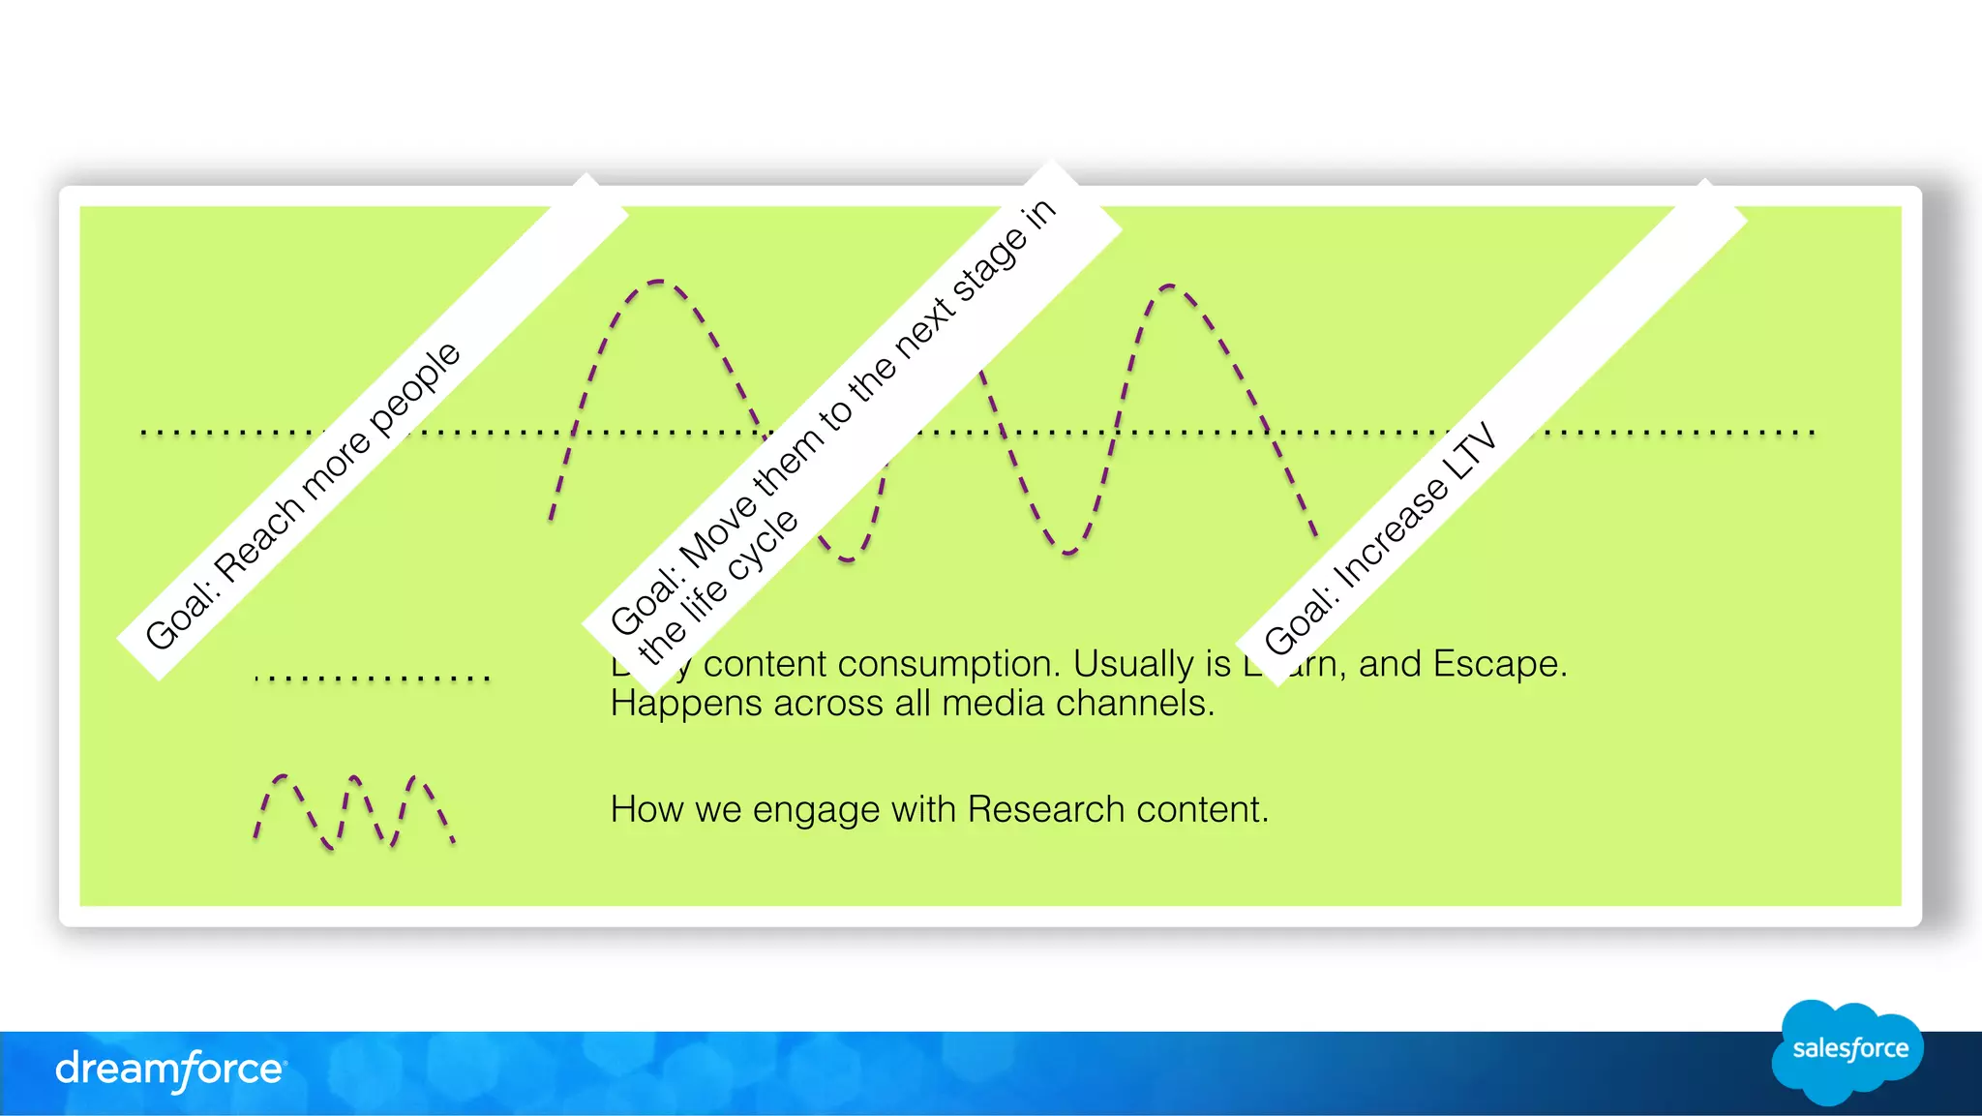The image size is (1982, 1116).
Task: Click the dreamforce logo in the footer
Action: pos(170,1070)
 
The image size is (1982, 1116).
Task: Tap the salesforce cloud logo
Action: pos(1848,1049)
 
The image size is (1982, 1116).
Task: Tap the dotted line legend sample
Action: pos(373,679)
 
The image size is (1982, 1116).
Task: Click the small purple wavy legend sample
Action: pos(353,812)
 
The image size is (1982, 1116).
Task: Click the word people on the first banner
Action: pos(415,387)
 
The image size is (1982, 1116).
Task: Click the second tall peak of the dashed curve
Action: pos(1168,287)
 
